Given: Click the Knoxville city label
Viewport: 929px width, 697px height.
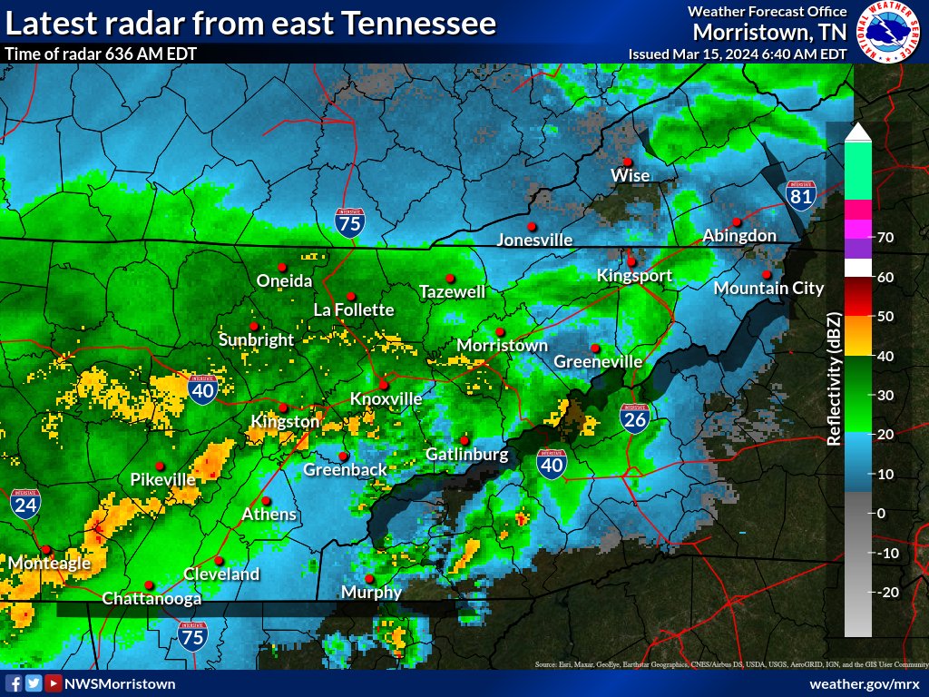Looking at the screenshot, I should click(386, 398).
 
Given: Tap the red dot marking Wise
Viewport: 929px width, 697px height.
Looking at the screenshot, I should click(627, 162).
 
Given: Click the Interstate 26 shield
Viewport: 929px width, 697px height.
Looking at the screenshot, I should click(634, 418).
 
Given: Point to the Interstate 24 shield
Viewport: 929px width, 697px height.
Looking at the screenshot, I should click(25, 505).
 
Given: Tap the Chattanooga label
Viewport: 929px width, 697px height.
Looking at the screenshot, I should click(152, 598).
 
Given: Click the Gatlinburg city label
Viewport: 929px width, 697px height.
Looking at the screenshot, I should click(467, 454).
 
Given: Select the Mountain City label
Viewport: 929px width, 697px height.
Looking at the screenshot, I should click(768, 289).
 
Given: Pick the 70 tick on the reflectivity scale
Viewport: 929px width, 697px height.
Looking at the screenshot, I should click(886, 238).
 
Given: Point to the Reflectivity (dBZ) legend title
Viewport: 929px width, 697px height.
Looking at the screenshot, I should click(834, 379).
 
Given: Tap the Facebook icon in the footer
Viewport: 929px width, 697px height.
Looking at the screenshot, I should click(13, 683).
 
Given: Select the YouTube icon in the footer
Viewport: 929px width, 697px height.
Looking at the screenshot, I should click(54, 683).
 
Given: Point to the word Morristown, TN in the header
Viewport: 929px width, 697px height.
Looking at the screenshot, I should click(769, 32).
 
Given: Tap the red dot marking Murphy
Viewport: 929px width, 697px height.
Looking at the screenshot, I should click(369, 579).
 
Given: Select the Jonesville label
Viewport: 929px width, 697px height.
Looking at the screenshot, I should click(535, 241).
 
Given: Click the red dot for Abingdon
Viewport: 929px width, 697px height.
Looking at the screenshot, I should click(737, 222).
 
